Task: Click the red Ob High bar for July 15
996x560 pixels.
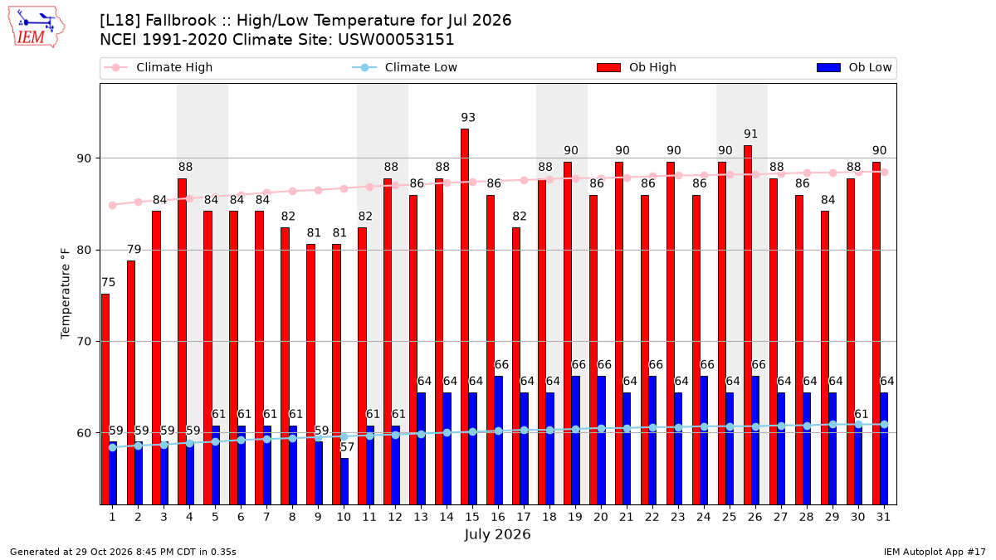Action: pyautogui.click(x=465, y=317)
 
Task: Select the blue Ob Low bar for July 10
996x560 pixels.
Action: pyautogui.click(x=344, y=482)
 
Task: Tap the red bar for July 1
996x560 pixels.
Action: pyautogui.click(x=105, y=400)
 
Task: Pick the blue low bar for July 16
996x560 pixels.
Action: pyautogui.click(x=499, y=441)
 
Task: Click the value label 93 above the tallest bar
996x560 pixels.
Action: pyautogui.click(x=468, y=117)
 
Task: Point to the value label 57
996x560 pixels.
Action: pyautogui.click(x=347, y=446)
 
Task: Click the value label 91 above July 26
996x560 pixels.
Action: pyautogui.click(x=750, y=134)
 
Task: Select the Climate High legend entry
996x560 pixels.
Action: pyautogui.click(x=158, y=67)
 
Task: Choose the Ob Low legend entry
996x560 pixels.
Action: pyautogui.click(x=854, y=67)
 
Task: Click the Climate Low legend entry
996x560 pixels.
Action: pyautogui.click(x=405, y=67)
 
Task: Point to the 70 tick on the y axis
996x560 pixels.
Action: pyautogui.click(x=84, y=342)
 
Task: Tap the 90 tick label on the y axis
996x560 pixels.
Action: pyautogui.click(x=84, y=158)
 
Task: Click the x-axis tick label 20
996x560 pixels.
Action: pyautogui.click(x=601, y=517)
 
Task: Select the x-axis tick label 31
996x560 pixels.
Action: pyautogui.click(x=883, y=517)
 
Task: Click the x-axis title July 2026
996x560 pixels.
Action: pyautogui.click(x=497, y=534)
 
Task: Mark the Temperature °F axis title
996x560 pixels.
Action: pyautogui.click(x=66, y=294)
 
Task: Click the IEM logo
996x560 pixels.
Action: pyautogui.click(x=36, y=27)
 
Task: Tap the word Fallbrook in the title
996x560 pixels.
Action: pyautogui.click(x=181, y=21)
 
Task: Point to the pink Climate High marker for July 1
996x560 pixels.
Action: pyautogui.click(x=113, y=206)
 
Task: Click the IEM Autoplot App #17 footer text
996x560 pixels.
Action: pyautogui.click(x=935, y=552)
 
